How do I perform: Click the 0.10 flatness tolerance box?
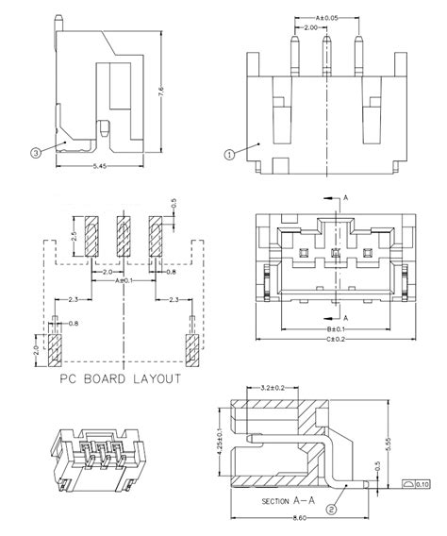pyautogui.click(x=417, y=484)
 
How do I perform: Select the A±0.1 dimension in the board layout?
pyautogui.click(x=121, y=280)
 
